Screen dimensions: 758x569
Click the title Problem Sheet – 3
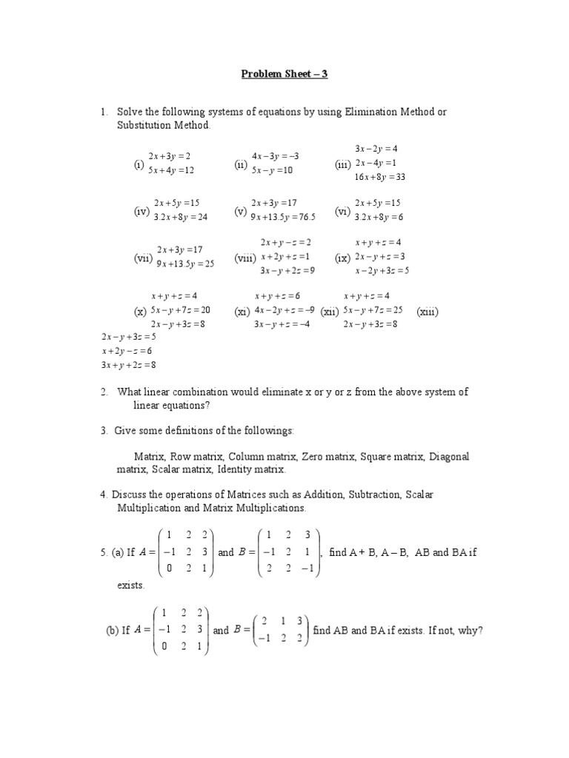[x=284, y=74]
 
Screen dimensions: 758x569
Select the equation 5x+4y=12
[x=171, y=170]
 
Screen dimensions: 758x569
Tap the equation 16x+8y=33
[x=380, y=177]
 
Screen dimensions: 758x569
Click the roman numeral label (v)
[x=240, y=211]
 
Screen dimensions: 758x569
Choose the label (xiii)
[x=427, y=312]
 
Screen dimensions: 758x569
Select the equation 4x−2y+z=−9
[x=284, y=310]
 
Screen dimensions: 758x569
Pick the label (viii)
[x=245, y=258]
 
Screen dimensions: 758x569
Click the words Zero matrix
[x=329, y=457]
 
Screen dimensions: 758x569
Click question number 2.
[x=105, y=392]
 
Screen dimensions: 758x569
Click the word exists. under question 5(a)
[x=131, y=585]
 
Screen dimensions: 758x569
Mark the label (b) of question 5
[x=113, y=631]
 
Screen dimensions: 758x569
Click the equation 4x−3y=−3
[x=275, y=157]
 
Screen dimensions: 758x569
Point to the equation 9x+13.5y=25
[x=185, y=264]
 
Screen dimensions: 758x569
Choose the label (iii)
[x=343, y=165]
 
